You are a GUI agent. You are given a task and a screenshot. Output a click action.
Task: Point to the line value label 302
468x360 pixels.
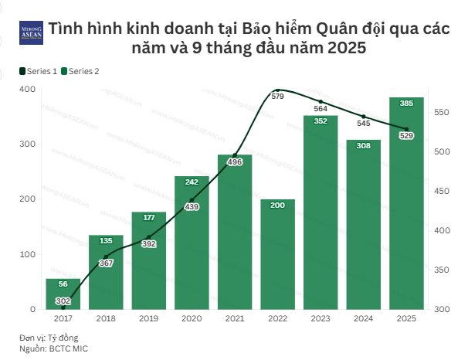(63, 301)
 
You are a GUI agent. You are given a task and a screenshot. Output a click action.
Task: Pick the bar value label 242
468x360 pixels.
(192, 182)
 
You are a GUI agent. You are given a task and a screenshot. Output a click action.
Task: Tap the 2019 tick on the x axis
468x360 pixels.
(148, 318)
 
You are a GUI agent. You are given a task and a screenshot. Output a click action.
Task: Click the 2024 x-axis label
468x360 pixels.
(364, 318)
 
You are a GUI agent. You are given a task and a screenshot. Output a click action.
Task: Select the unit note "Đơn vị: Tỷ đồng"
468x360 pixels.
(49, 338)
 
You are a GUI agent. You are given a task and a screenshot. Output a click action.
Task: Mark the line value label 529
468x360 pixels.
(406, 135)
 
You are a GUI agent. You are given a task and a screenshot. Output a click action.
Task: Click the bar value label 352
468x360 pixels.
(320, 121)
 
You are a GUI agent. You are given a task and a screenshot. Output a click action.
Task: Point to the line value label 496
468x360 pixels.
(236, 161)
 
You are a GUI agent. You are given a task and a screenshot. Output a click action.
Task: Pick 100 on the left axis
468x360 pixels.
(28, 254)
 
